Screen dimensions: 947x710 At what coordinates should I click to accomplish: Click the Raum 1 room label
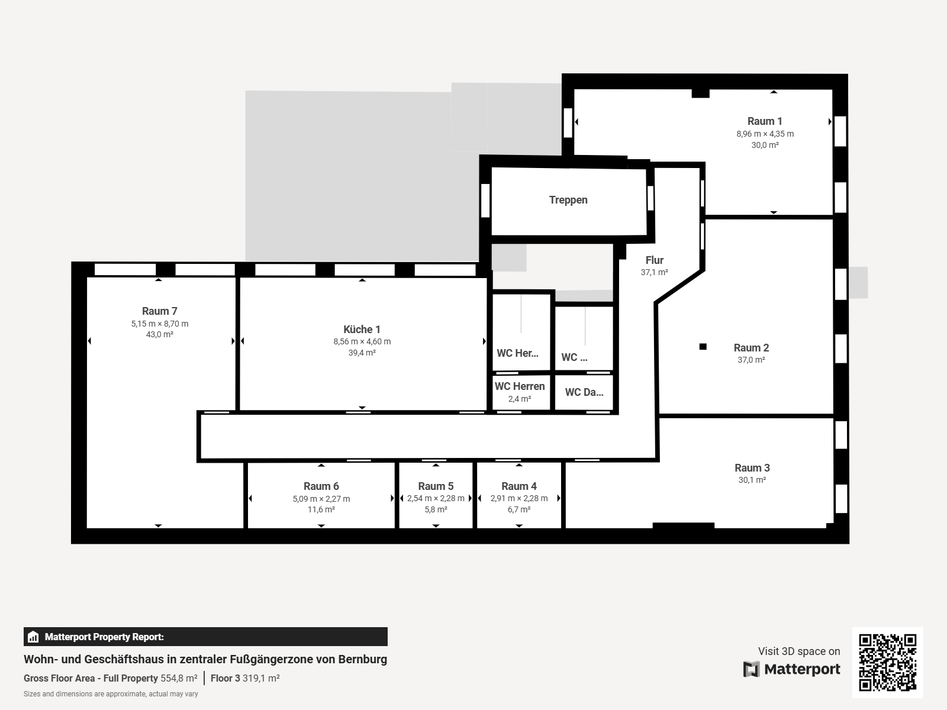pos(765,121)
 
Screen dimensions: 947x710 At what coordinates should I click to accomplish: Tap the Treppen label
pos(568,200)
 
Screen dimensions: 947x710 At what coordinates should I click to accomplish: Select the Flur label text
pos(655,260)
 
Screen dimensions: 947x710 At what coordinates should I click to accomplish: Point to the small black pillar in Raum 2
pos(703,347)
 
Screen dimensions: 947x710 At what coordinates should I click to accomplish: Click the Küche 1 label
pos(362,330)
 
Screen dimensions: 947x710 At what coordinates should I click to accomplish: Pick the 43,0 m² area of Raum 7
pos(160,334)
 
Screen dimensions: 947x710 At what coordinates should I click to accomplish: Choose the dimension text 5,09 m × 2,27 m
pos(321,499)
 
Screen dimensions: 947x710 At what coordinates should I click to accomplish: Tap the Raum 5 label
pos(436,486)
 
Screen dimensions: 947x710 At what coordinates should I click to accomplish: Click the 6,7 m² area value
pos(519,509)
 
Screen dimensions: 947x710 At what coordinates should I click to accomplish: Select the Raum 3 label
pos(752,468)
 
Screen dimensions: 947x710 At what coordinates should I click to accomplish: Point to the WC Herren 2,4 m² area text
pos(520,399)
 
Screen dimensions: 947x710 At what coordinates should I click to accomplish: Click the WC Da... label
pos(584,392)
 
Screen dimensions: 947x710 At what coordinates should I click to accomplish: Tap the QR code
pos(887,663)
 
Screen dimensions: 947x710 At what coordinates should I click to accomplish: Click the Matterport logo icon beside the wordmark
pos(752,669)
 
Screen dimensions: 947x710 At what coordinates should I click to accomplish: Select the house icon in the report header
pos(33,637)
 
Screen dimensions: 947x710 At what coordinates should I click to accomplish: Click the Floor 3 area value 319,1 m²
pos(261,678)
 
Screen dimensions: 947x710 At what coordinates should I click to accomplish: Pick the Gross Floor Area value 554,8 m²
pos(179,678)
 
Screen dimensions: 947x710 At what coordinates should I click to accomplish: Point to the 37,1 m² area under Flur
pos(655,272)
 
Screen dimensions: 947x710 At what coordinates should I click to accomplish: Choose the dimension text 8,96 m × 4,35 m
pos(765,134)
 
